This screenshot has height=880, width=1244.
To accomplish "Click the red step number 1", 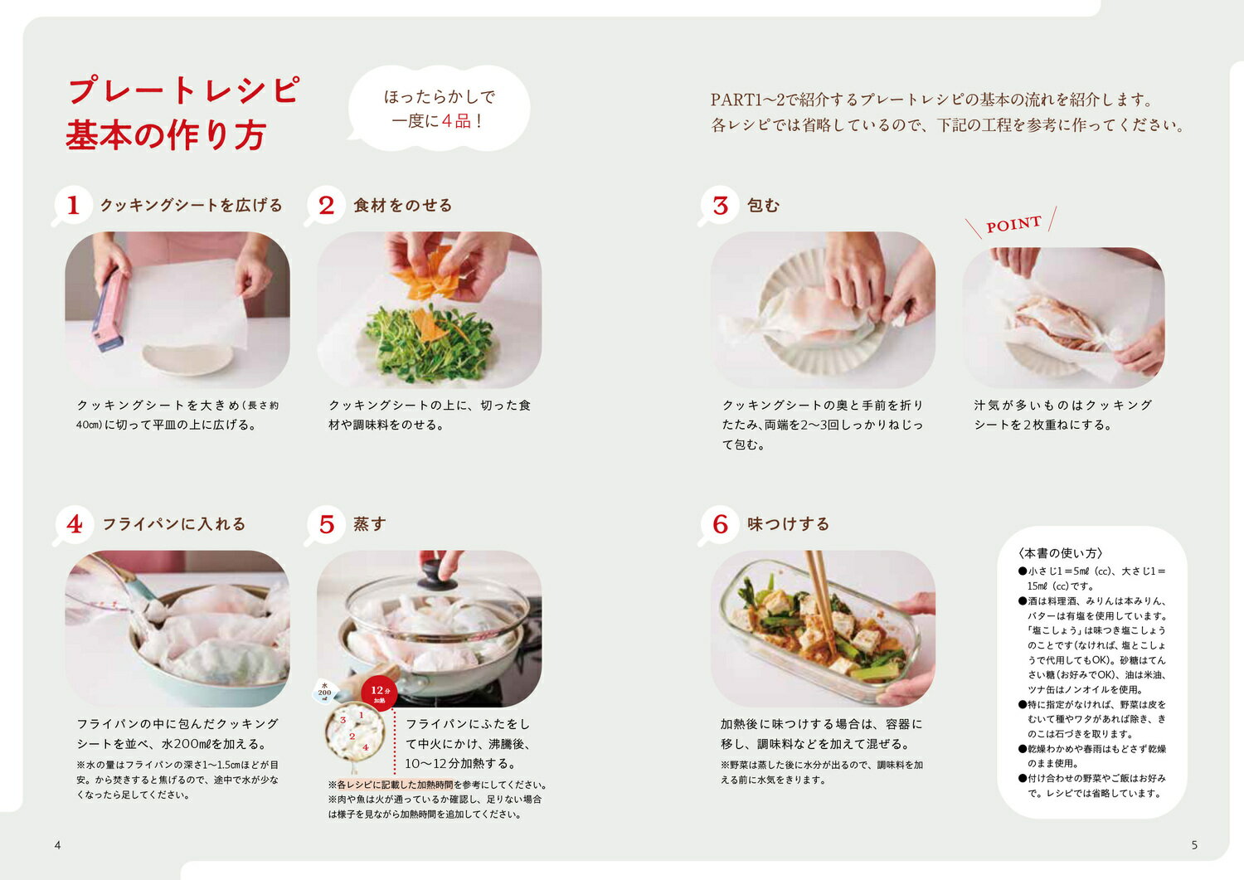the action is click(x=73, y=205).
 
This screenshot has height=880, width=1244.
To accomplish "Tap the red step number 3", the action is click(x=721, y=206).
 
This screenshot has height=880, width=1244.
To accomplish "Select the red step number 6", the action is click(x=721, y=524).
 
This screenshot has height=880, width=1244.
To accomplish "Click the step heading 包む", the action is click(x=764, y=206).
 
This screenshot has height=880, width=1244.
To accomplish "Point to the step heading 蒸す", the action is click(x=370, y=524).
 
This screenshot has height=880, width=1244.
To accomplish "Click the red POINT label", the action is click(x=1013, y=225).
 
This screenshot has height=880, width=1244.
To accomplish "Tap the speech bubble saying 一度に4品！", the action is click(x=439, y=109).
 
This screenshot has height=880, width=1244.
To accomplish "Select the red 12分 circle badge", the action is click(x=379, y=693).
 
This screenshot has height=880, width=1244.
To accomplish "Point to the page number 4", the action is click(x=58, y=845).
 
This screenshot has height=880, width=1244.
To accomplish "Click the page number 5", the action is click(x=1194, y=845).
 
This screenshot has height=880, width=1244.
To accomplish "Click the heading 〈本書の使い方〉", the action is click(x=1060, y=553).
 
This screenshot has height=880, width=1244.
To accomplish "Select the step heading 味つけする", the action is click(x=789, y=524).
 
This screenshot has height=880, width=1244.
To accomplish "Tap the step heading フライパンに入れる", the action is click(x=174, y=524).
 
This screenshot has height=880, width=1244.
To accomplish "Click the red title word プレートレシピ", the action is click(x=184, y=90).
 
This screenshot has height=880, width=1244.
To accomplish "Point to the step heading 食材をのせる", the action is click(x=403, y=206).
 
